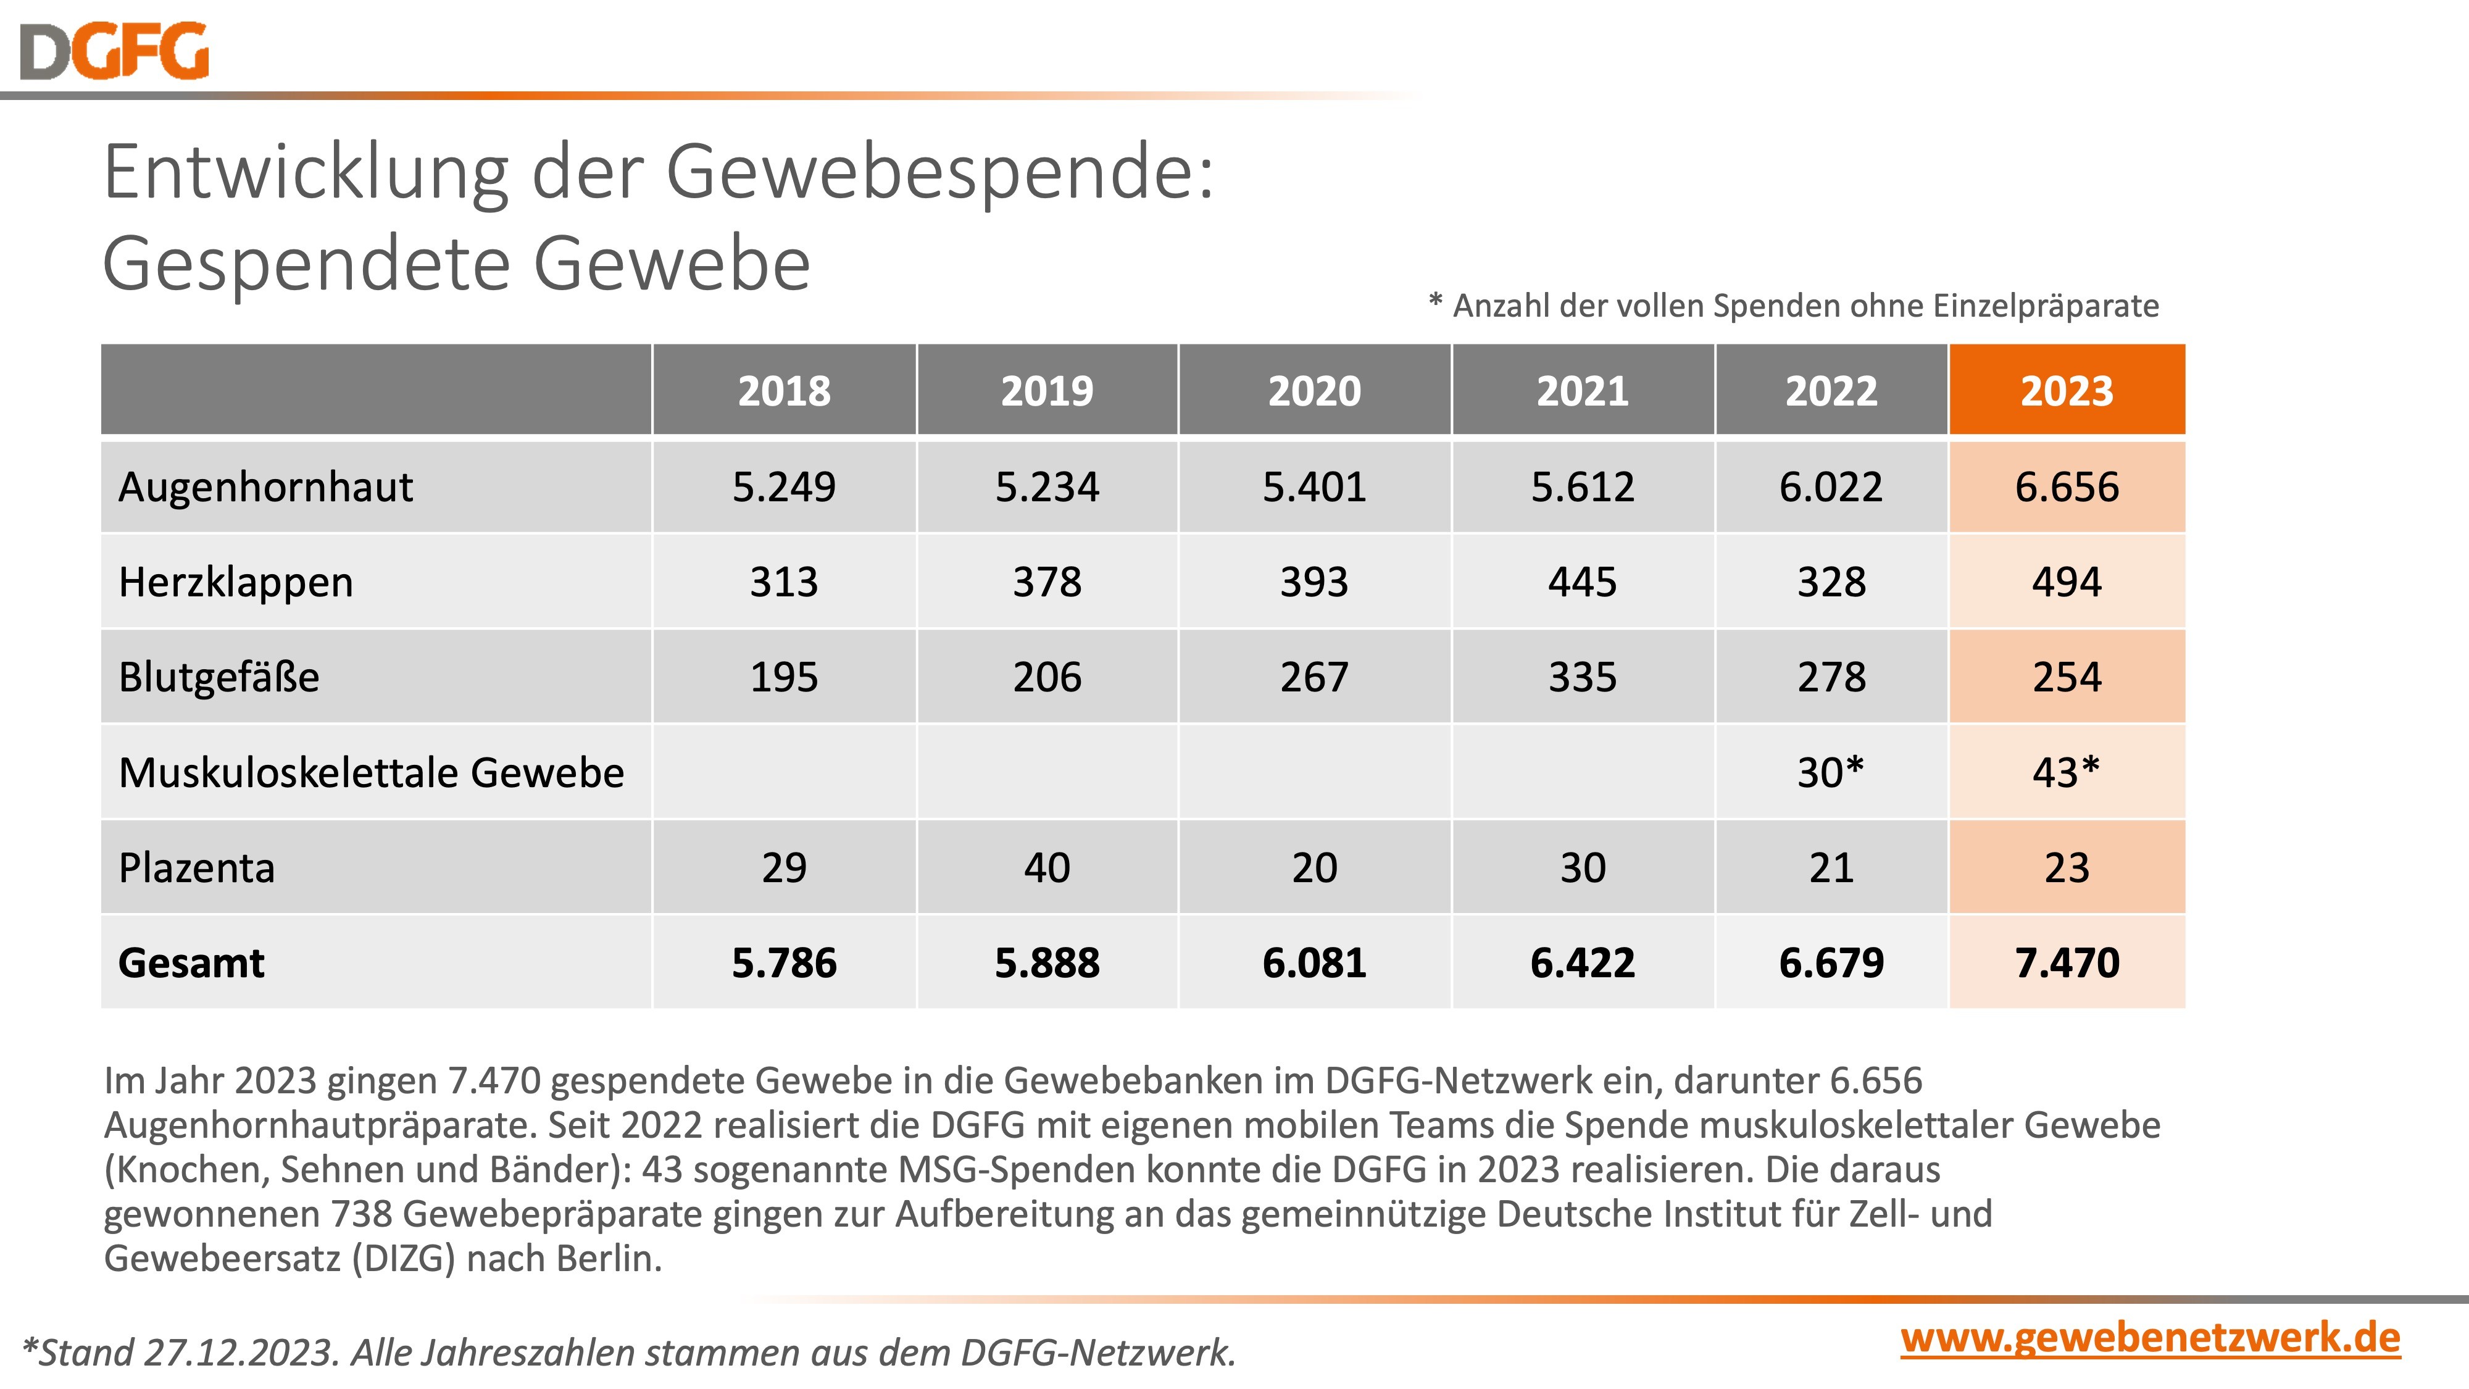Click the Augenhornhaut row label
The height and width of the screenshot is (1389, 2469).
(x=265, y=487)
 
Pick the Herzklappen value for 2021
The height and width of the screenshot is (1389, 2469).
(x=1583, y=582)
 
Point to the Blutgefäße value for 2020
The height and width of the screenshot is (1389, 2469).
(x=1314, y=677)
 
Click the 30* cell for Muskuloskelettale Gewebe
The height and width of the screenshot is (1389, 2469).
(x=1831, y=772)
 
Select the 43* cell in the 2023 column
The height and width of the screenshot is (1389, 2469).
(x=2067, y=772)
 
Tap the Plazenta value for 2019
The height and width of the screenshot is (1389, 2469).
(x=1047, y=867)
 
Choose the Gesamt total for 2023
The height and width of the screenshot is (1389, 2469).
(x=2067, y=962)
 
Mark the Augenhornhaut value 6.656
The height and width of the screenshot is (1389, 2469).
(x=2067, y=487)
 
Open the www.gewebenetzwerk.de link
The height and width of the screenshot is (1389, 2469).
(x=2150, y=1338)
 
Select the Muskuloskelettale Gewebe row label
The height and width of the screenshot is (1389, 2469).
(x=371, y=772)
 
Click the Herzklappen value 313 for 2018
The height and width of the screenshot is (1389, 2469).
(x=784, y=582)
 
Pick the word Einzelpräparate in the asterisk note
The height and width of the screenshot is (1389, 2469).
(x=2046, y=306)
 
